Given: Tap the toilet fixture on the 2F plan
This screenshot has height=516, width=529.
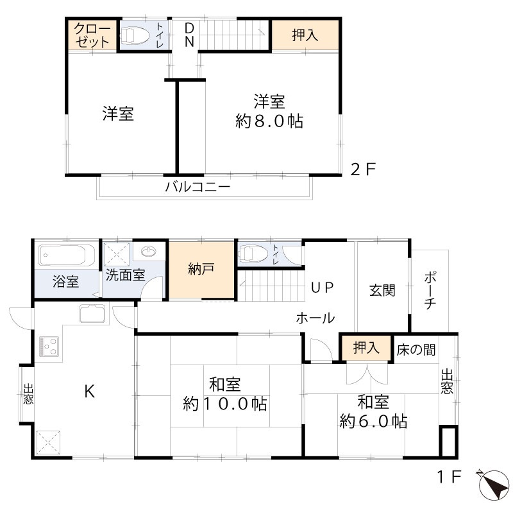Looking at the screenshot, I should tap(137, 35).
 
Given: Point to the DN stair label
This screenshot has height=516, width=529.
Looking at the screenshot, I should tap(190, 35).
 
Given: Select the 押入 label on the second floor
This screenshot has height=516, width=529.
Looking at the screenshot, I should tap(305, 35).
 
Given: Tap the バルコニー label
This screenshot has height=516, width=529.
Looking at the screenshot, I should tap(197, 187).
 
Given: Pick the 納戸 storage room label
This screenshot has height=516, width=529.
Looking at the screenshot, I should tap(201, 270).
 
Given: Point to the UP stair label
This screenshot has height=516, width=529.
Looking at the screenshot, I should tap(323, 288).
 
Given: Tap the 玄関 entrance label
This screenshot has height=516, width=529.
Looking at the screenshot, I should tap(382, 290).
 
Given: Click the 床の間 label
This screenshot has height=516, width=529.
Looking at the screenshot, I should tap(416, 350).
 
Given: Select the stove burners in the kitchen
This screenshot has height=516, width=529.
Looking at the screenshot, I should tap(49, 346).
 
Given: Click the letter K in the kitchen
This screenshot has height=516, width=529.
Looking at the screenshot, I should tap(90, 391).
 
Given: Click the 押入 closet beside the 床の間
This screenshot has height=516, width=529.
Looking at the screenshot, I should tap(366, 348).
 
